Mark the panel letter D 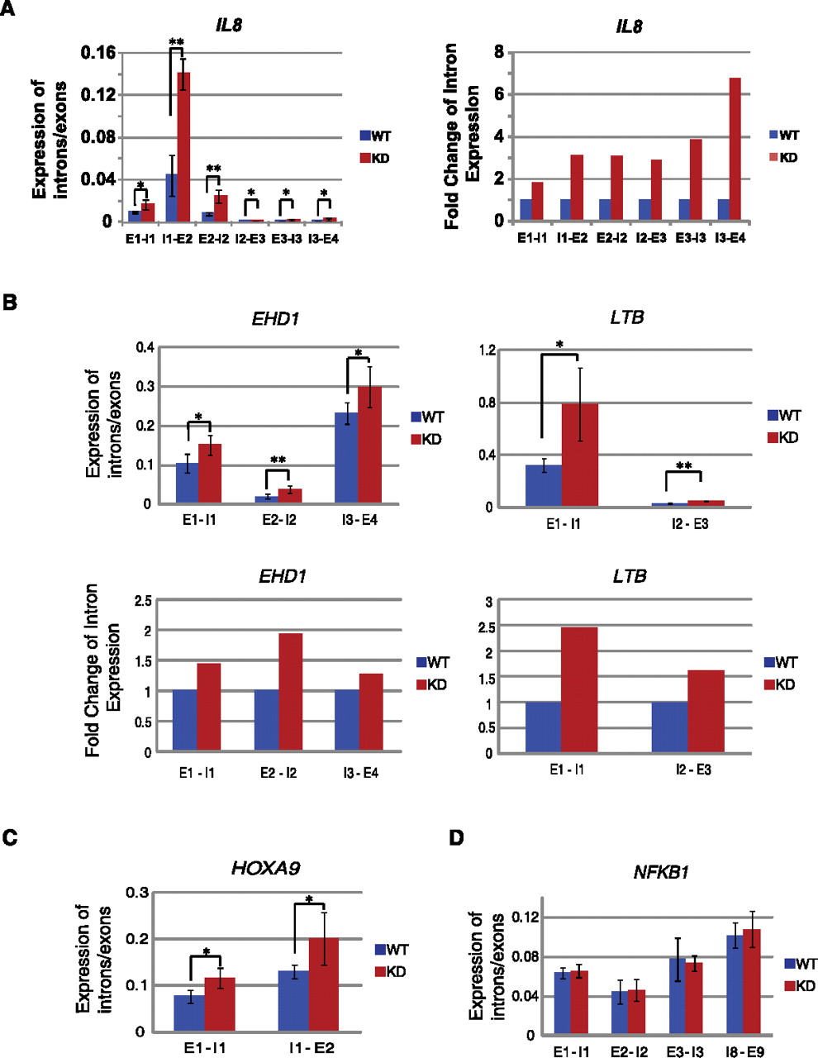click(456, 838)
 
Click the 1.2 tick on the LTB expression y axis click(487, 350)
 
